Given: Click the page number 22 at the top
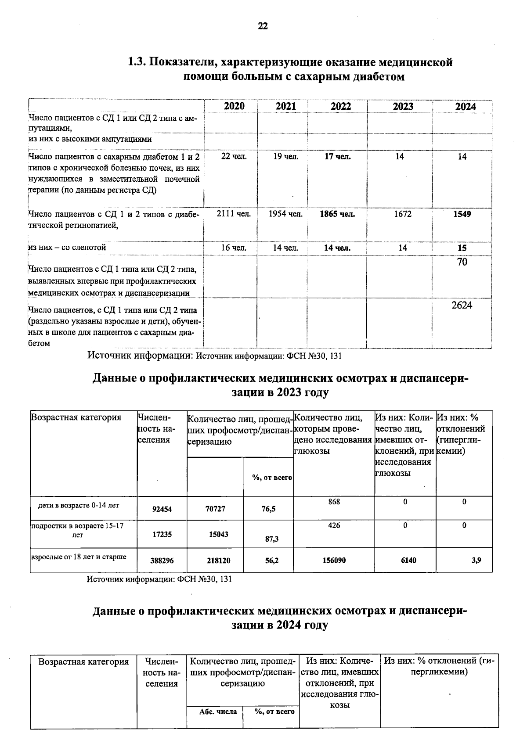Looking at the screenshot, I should [263, 26].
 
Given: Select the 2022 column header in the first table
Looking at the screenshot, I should [341, 107].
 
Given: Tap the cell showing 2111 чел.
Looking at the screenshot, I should [234, 214].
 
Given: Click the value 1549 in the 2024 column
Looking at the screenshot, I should [462, 214].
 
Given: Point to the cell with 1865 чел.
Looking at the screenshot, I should [337, 214].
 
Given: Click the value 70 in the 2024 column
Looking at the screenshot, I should [462, 262].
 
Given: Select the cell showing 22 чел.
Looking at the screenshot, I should [234, 157].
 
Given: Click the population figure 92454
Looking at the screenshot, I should [162, 509].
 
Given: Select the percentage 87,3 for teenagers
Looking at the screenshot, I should [272, 539].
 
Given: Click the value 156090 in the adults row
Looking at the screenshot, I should [334, 561].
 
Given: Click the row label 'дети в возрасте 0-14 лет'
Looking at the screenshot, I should [79, 506].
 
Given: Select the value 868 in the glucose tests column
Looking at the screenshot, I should [334, 502].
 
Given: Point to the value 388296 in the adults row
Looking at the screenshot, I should [162, 561].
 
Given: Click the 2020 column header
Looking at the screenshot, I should [234, 107].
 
